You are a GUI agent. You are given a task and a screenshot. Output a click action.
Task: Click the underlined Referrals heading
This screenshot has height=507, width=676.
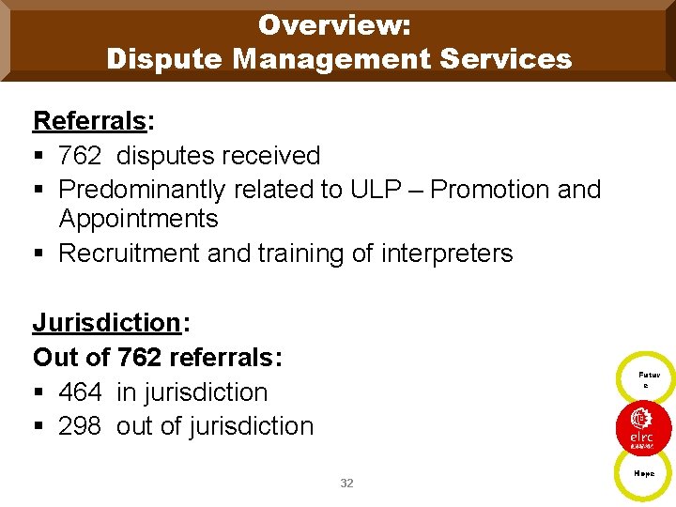89,121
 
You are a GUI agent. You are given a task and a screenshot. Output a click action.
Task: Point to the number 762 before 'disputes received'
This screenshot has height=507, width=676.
80,156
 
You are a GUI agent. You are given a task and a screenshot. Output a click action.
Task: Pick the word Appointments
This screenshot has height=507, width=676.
138,220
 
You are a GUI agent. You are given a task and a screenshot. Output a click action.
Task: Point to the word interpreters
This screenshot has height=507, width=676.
447,253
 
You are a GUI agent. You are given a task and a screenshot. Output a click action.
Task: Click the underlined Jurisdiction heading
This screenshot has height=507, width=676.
106,323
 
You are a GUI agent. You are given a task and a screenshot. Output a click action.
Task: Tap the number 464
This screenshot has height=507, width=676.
80,392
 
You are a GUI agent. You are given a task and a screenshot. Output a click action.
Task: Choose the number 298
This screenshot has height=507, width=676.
80,426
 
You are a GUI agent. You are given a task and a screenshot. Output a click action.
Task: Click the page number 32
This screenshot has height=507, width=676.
346,483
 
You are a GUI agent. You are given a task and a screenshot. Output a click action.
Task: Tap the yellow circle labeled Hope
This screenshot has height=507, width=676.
642,475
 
